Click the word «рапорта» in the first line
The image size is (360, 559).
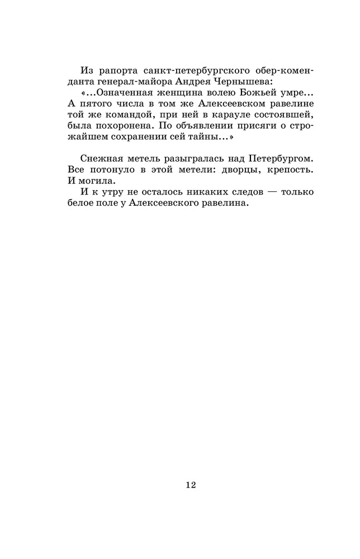pos(118,71)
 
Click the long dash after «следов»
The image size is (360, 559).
pos(266,192)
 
